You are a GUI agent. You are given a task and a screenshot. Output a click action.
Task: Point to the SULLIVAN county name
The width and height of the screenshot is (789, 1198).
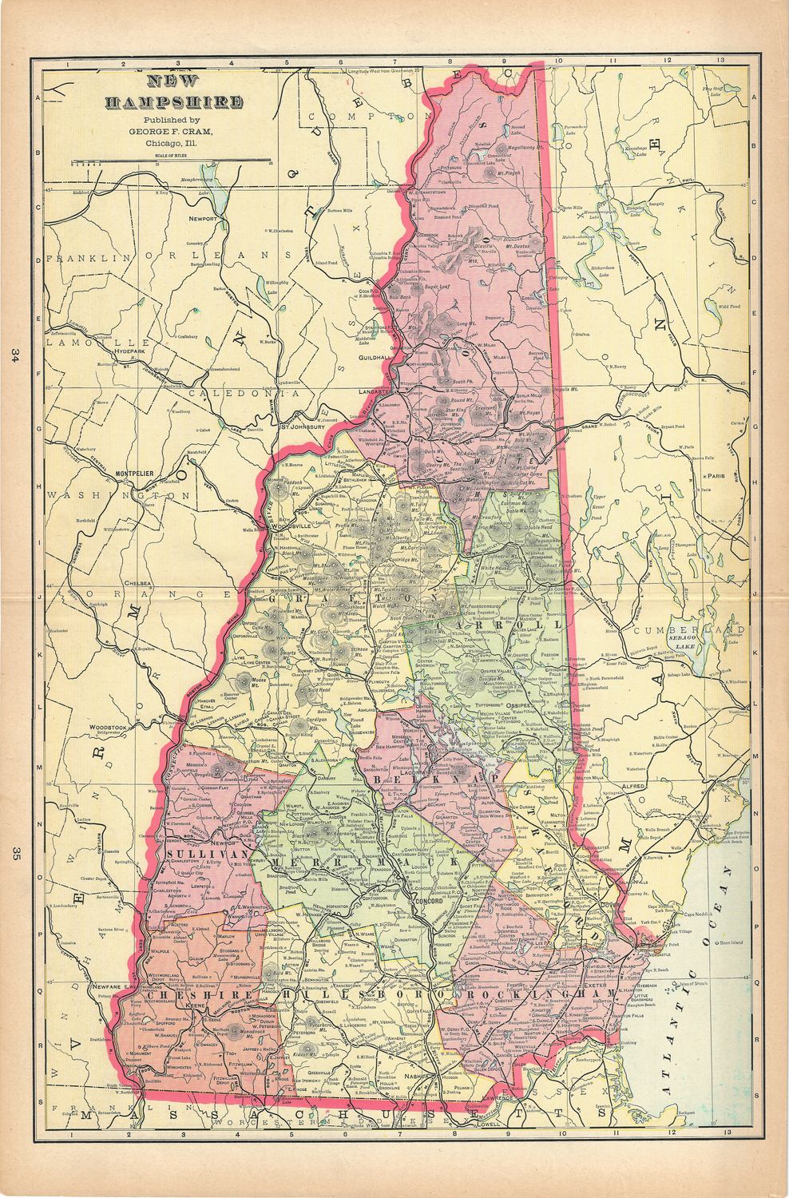(x=196, y=854)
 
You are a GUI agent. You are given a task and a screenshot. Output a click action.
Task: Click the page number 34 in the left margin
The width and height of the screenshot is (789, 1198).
(x=15, y=355)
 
